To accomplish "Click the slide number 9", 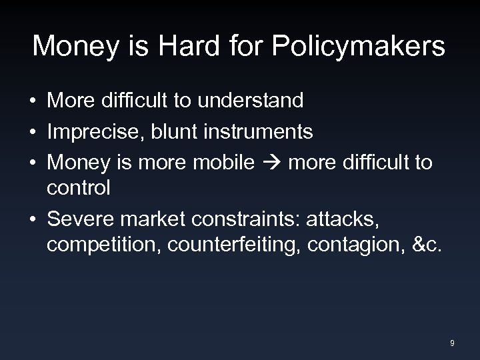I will tap(453, 343).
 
